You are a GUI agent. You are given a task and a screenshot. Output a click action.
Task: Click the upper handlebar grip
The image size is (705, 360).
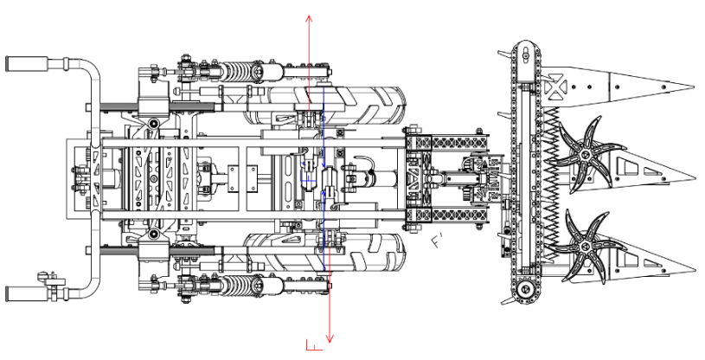[22, 63]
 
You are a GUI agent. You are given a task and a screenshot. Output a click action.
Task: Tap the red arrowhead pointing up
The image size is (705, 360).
[309, 18]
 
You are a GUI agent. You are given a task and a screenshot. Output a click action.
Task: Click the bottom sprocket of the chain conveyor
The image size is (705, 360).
[526, 289]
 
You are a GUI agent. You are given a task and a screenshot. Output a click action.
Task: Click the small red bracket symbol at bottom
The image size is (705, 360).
[313, 346]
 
